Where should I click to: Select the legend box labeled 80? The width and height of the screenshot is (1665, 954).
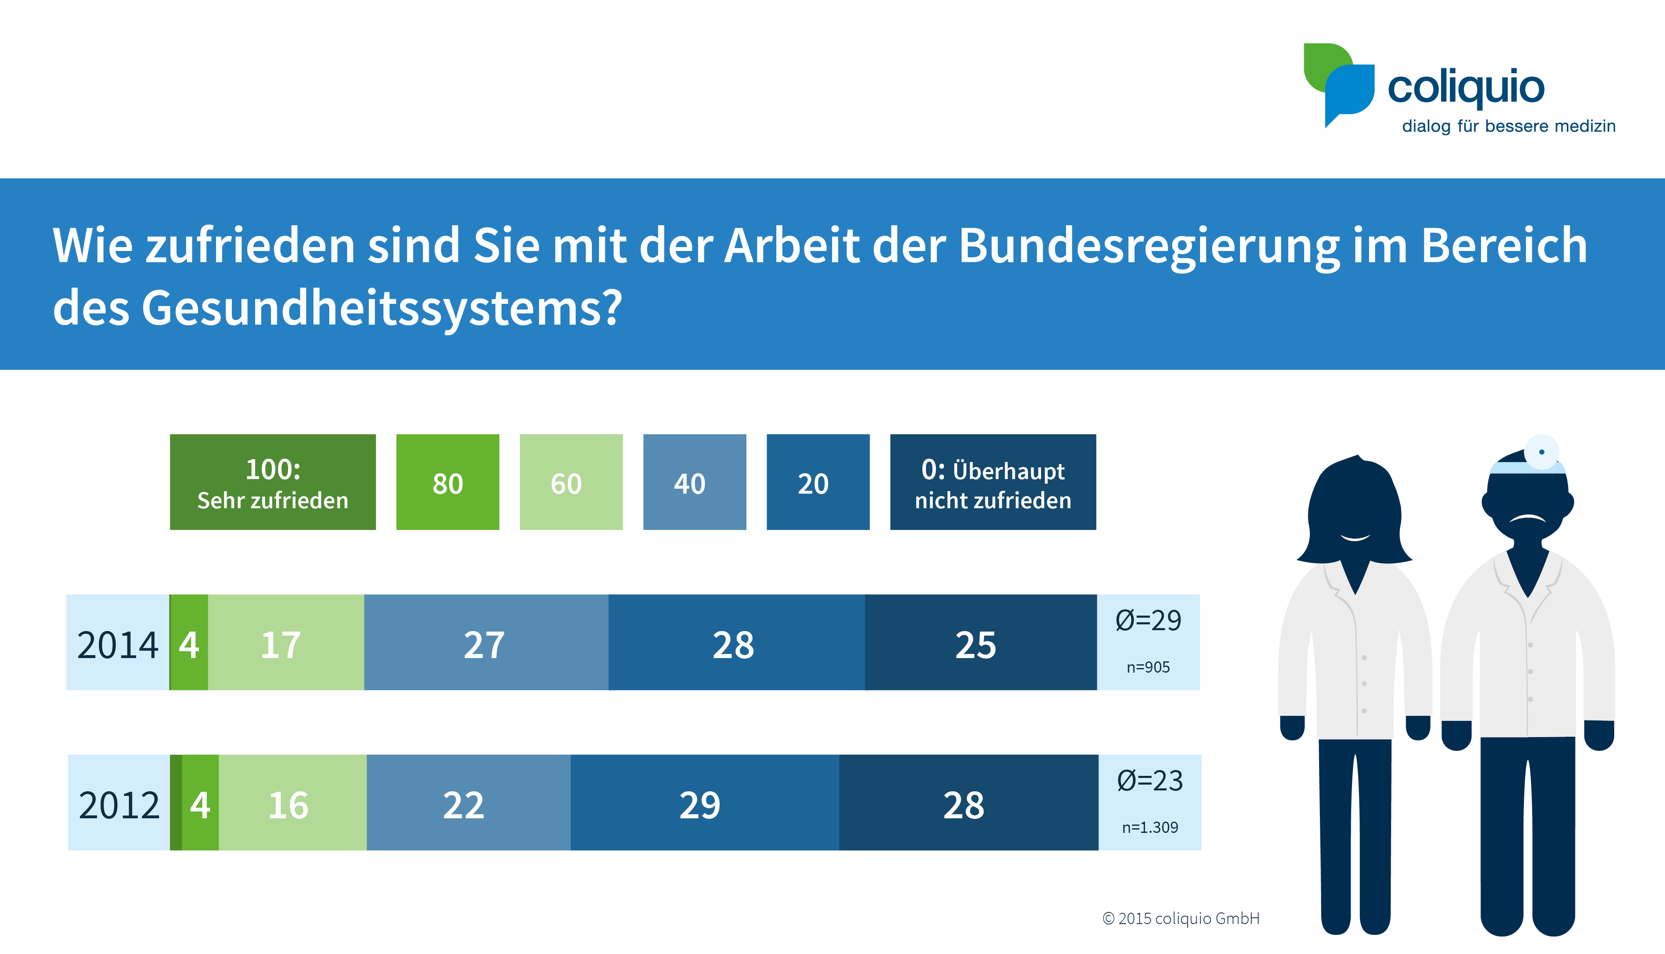point(447,482)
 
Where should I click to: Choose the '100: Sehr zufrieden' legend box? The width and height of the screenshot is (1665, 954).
point(273,482)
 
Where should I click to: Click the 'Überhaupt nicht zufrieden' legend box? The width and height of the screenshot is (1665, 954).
point(993,482)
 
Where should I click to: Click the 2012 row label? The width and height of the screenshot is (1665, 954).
point(119,805)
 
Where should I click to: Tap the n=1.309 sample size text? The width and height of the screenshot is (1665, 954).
point(1150,827)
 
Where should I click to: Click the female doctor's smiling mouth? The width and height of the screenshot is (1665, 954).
point(1355,538)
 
